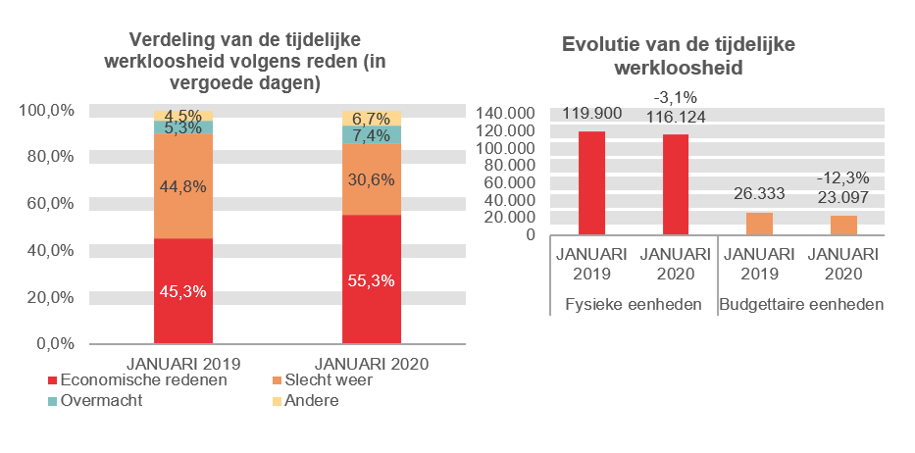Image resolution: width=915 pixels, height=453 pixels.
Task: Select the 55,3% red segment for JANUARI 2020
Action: (x=371, y=279)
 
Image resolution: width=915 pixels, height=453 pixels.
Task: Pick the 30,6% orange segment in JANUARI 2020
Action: (x=371, y=178)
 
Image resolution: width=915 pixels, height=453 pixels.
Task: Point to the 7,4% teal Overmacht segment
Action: (x=371, y=134)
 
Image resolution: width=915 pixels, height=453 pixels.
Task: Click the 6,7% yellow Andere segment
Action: (x=371, y=119)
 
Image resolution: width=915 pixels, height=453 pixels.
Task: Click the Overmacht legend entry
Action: (x=102, y=400)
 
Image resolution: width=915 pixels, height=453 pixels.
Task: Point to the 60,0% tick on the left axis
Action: (x=48, y=203)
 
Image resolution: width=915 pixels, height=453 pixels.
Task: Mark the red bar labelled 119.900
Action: (x=591, y=183)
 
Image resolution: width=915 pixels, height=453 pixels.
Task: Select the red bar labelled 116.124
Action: (x=676, y=184)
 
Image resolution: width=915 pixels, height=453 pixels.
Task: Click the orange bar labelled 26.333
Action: (x=760, y=224)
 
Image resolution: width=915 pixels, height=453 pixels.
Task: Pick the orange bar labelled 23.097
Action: (x=843, y=226)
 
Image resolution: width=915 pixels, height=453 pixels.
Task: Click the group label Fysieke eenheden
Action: (x=634, y=304)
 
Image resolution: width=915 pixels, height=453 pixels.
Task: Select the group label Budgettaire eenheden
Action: (x=802, y=304)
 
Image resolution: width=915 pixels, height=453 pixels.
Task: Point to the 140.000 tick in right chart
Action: (x=507, y=114)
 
